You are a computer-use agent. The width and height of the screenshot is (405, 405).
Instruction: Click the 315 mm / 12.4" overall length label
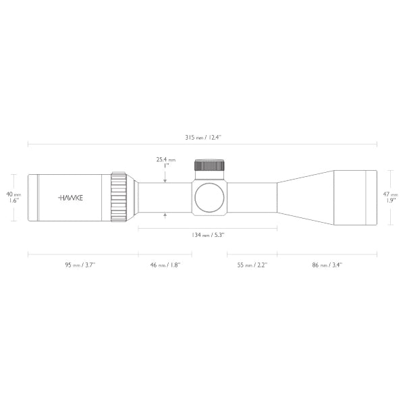coord(202,137)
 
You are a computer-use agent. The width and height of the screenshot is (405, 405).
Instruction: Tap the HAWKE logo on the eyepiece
coord(70,197)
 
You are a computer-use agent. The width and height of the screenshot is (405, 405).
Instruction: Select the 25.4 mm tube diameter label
coord(165,160)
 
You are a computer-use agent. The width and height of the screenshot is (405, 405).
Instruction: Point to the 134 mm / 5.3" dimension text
coord(207,235)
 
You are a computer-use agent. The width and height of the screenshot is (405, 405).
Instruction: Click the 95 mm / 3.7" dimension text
coord(80,265)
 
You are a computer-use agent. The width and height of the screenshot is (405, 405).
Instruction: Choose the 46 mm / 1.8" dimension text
coord(165,265)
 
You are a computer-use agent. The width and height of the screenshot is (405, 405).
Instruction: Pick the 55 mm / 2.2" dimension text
coord(252,265)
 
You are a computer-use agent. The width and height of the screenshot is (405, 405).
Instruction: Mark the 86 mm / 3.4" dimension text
coord(327,265)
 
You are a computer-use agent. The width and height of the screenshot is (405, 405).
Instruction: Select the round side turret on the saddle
coord(209,197)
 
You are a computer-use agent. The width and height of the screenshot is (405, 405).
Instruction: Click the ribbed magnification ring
coord(119,196)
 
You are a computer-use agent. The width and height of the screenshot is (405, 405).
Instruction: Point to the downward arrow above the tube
coord(165,178)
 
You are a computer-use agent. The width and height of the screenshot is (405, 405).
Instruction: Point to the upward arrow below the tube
coord(165,215)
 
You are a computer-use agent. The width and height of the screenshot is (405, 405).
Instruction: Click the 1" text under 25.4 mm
coord(165,167)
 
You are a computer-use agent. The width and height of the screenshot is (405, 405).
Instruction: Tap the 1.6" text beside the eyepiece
coord(13,200)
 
